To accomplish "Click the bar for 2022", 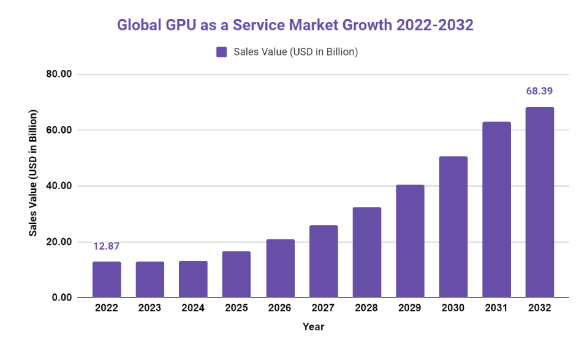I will click(x=107, y=280).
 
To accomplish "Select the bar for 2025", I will click(x=237, y=274).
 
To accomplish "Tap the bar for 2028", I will click(x=366, y=252).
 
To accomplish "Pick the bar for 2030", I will click(x=453, y=227).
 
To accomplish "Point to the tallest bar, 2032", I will click(x=539, y=203).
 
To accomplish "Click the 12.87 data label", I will click(x=107, y=247).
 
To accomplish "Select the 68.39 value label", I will click(x=539, y=91).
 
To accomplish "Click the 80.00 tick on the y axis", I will click(x=59, y=75).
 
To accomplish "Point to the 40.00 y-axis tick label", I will click(x=59, y=186).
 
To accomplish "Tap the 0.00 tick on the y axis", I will click(x=62, y=298).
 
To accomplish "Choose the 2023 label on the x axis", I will click(x=150, y=309).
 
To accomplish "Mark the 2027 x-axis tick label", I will click(x=324, y=309).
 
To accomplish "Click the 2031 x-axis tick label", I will click(x=496, y=309).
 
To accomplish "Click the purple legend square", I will click(x=221, y=52).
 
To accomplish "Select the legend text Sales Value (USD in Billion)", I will click(x=295, y=52).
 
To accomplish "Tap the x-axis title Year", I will click(x=313, y=327).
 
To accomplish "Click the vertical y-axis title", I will click(x=34, y=173).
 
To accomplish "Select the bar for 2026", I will click(x=280, y=268).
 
